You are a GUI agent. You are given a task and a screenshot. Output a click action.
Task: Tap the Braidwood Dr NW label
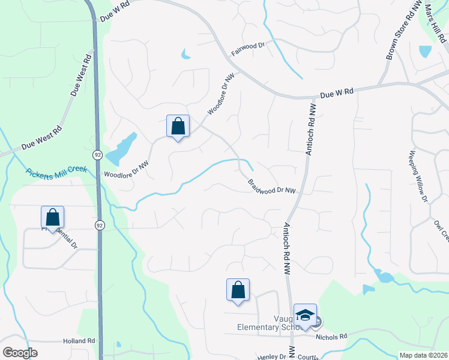(x=272, y=187)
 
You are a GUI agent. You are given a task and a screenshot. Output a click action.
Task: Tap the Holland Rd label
(x=79, y=341)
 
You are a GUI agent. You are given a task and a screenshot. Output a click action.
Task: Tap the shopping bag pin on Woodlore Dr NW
(x=178, y=127)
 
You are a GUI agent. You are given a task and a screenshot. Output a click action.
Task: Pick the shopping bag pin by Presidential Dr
(x=52, y=217)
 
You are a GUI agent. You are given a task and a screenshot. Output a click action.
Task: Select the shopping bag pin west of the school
(x=238, y=290)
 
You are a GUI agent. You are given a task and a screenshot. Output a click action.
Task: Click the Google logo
(x=20, y=353)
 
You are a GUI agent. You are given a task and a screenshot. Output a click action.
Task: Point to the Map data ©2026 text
(x=423, y=355)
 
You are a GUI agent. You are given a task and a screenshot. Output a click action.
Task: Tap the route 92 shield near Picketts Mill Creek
(x=97, y=155)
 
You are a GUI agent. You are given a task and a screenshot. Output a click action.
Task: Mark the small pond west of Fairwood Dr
(x=185, y=56)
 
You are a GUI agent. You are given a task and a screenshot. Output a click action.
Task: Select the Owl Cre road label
(x=441, y=230)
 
